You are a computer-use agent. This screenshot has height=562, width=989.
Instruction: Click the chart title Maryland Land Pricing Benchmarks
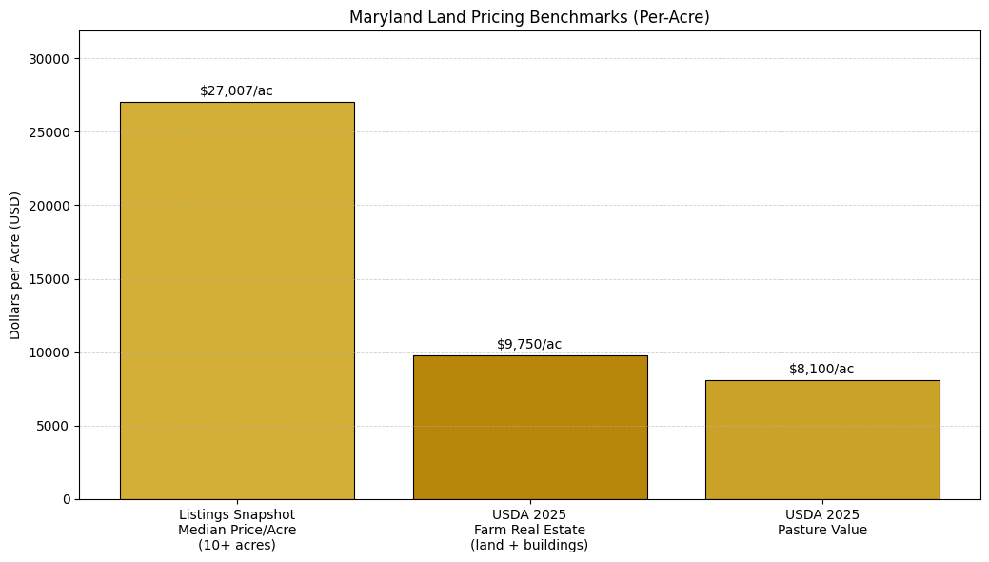[529, 17]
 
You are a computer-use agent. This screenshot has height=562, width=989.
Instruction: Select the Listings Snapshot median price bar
[237, 300]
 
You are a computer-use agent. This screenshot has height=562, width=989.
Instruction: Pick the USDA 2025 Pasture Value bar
[821, 439]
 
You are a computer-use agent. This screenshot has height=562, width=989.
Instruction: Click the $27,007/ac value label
[236, 91]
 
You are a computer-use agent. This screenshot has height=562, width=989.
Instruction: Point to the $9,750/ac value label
[529, 344]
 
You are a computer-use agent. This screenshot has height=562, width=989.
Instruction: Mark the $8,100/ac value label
[821, 369]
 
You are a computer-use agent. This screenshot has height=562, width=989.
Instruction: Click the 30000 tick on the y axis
[50, 59]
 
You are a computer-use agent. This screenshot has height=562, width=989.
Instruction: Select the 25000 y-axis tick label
[50, 132]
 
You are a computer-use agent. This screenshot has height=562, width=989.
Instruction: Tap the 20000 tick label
[50, 206]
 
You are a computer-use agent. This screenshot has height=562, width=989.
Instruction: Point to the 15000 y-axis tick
[50, 279]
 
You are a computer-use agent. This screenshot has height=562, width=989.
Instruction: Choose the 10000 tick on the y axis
[50, 352]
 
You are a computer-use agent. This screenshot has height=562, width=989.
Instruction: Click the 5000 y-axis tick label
[54, 426]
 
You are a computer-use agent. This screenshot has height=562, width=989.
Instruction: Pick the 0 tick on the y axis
[67, 499]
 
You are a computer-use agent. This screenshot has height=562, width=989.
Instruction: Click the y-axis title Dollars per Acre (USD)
[15, 265]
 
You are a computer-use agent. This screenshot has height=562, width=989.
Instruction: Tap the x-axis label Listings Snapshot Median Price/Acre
[237, 522]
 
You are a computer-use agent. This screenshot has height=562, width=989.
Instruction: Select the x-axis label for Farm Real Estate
[529, 530]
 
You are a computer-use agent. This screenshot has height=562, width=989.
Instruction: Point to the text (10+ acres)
[237, 546]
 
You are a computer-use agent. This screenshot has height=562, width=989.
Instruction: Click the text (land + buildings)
[529, 546]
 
